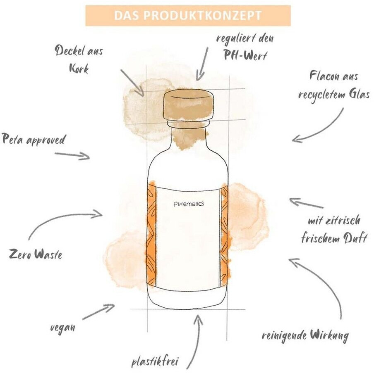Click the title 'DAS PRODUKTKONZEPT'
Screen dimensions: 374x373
[x=187, y=15]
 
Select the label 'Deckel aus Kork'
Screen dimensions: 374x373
[x=79, y=59]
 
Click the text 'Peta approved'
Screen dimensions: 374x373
[x=34, y=140]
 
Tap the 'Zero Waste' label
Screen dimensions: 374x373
[x=35, y=254]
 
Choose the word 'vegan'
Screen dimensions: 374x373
[x=62, y=328]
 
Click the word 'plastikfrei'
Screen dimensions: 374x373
[x=154, y=363]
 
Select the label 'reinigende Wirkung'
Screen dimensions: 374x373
[x=305, y=335]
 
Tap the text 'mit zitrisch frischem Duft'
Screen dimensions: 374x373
[x=334, y=230]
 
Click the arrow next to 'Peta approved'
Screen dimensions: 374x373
[x=72, y=155]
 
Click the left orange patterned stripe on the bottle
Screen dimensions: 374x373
[x=152, y=235]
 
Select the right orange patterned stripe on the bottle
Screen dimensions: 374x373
[x=225, y=235]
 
